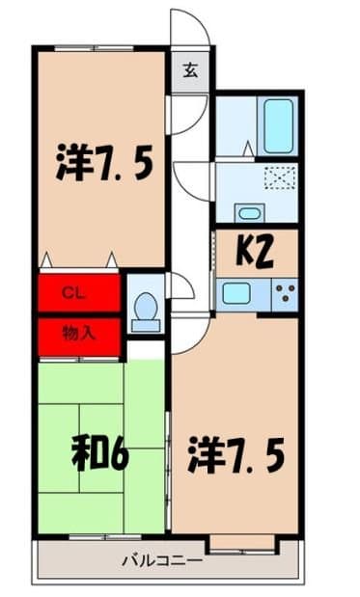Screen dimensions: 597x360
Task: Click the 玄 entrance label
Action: coord(190,69)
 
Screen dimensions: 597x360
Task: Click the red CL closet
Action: coord(79,292)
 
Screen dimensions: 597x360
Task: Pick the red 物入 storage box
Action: coord(79,336)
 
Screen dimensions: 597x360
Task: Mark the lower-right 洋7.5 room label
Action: coord(235,453)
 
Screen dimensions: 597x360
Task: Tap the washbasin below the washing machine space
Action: coord(249,212)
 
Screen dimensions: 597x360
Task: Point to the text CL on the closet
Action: coord(72,292)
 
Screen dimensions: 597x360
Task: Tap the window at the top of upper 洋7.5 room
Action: coord(100,46)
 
